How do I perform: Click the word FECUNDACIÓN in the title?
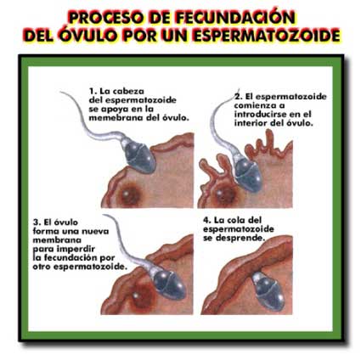click(235, 18)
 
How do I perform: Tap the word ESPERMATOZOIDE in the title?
click(267, 36)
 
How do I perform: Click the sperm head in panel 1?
click(139, 157)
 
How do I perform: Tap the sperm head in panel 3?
click(169, 284)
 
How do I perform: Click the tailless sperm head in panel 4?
click(268, 293)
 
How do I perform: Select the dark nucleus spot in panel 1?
click(129, 194)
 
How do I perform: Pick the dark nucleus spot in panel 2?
click(224, 194)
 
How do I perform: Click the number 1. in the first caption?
click(93, 92)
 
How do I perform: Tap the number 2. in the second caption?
click(239, 97)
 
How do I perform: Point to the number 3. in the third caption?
click(37, 222)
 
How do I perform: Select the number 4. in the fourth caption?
click(207, 221)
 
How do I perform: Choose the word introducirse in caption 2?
click(262, 115)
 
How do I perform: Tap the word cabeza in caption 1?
click(128, 92)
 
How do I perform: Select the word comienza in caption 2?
click(252, 105)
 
